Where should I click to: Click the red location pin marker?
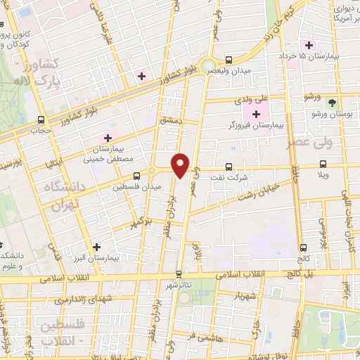[181, 165]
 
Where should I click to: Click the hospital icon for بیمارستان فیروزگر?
[256, 114]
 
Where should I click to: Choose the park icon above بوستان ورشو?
[332, 103]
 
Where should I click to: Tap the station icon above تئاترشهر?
[179, 274]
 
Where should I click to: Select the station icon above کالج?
[303, 247]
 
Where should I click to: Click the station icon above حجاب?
[40, 120]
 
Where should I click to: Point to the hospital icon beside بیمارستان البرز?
[96, 247]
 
